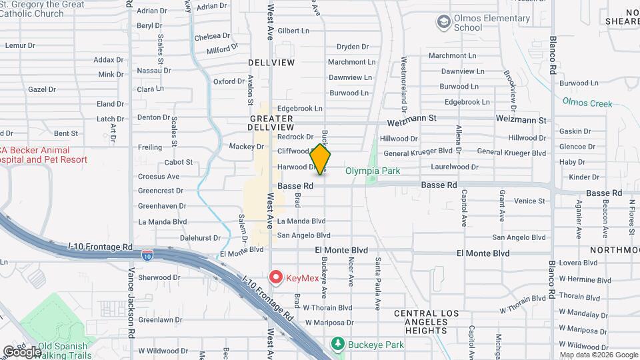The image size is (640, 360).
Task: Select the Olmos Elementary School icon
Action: point(443,23)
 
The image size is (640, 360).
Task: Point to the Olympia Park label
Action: point(373,171)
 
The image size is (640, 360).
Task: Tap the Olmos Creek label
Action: point(587,103)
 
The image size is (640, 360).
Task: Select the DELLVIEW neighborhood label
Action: point(271,62)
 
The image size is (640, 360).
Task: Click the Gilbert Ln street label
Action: point(294,31)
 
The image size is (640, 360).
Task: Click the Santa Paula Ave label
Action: point(377,284)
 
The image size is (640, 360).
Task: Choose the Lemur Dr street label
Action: point(19,45)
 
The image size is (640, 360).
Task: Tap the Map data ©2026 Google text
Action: point(598,355)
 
